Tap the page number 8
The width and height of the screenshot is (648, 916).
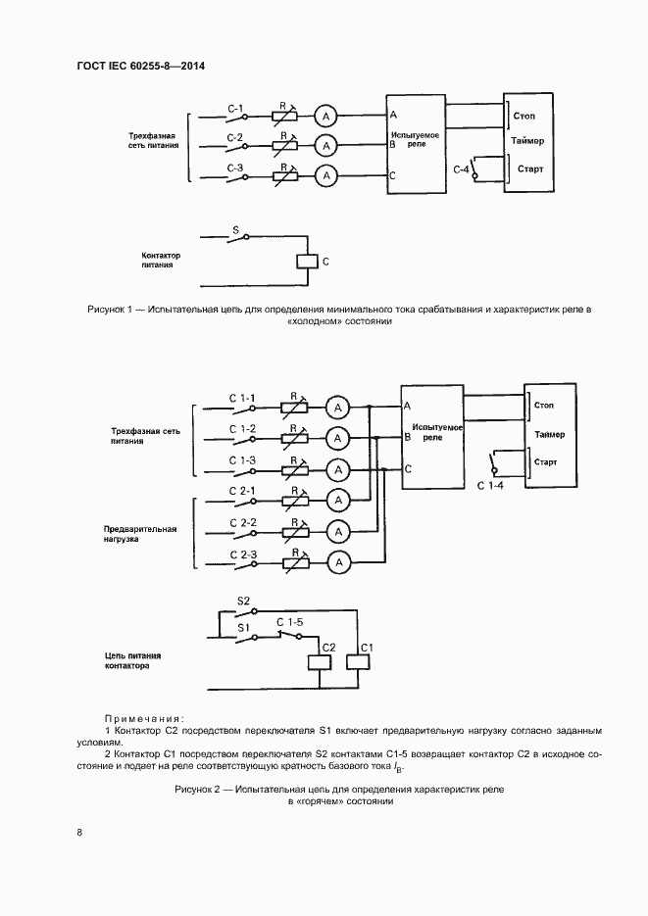coord(79,833)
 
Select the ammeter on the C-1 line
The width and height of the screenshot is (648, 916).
coord(326,115)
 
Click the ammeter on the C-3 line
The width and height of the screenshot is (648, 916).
coord(326,176)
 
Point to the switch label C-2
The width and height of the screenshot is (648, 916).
coord(235,137)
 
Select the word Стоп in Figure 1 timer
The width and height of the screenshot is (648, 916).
coord(524,115)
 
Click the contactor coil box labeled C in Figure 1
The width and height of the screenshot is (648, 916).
coord(308,262)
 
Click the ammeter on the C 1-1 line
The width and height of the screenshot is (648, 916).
coord(337,408)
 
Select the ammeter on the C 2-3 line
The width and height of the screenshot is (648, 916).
coord(337,562)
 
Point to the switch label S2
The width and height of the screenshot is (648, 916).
coord(245,600)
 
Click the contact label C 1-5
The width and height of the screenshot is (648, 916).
coord(291,622)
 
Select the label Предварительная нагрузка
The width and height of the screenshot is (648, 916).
coord(140,534)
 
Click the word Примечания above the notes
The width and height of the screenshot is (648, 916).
coord(144,718)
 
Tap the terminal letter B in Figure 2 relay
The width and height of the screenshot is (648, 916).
coord(407,438)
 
